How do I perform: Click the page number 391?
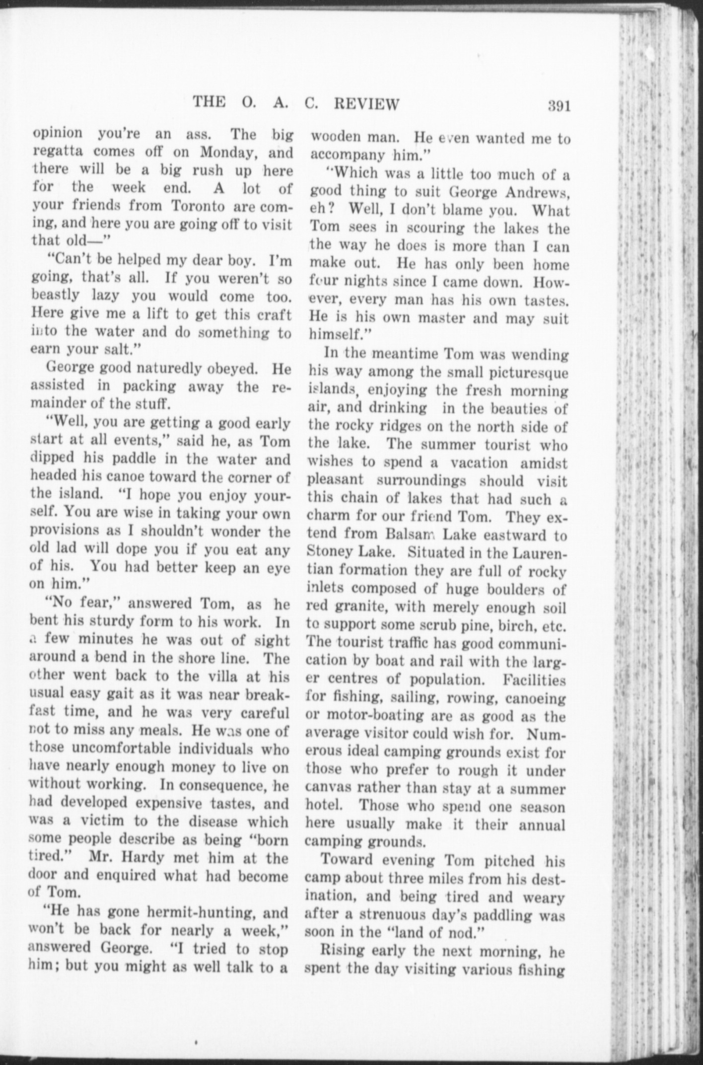559,106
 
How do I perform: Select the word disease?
218,822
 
